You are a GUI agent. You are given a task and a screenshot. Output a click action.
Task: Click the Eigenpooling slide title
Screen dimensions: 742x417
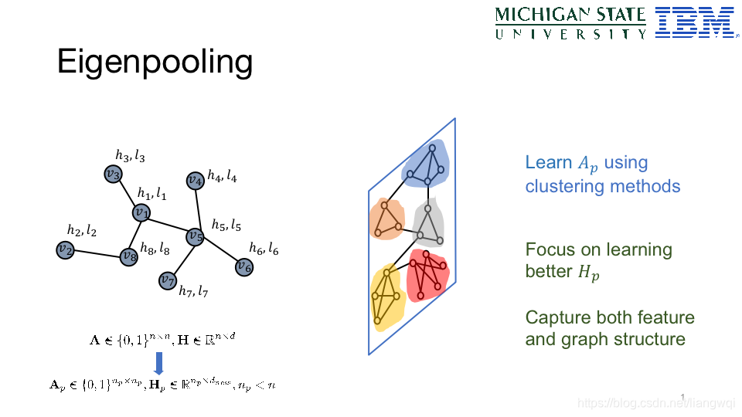155,62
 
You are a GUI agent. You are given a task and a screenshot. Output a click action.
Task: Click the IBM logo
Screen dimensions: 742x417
694,22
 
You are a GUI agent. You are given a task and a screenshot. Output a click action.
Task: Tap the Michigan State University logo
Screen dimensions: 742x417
570,22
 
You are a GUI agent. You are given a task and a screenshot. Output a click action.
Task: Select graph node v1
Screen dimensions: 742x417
141,212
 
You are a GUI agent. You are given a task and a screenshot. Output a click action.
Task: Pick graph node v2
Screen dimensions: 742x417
66,249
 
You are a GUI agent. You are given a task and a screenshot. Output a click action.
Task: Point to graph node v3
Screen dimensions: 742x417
114,175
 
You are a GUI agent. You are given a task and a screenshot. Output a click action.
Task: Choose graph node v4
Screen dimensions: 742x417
196,181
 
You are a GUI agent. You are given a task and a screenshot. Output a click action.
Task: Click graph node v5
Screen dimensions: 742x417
196,236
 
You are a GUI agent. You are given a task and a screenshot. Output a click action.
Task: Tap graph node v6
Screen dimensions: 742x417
244,267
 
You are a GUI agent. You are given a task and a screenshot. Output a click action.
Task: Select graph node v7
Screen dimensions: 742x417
168,280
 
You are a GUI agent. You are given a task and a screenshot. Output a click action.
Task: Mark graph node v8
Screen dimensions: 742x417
129,256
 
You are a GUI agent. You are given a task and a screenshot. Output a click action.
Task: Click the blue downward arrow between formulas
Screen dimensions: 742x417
158,363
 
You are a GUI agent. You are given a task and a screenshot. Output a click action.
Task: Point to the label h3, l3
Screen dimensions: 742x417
130,156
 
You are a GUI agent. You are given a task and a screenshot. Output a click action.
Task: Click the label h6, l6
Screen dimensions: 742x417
264,249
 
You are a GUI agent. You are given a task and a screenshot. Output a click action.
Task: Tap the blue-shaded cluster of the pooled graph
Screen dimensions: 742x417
426,164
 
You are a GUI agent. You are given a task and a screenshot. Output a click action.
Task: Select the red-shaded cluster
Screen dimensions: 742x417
428,273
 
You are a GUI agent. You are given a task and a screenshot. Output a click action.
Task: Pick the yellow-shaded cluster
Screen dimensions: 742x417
387,297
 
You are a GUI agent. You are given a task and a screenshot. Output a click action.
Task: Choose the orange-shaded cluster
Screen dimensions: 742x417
386,219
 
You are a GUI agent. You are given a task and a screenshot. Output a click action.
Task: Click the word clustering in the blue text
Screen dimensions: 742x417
564,186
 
